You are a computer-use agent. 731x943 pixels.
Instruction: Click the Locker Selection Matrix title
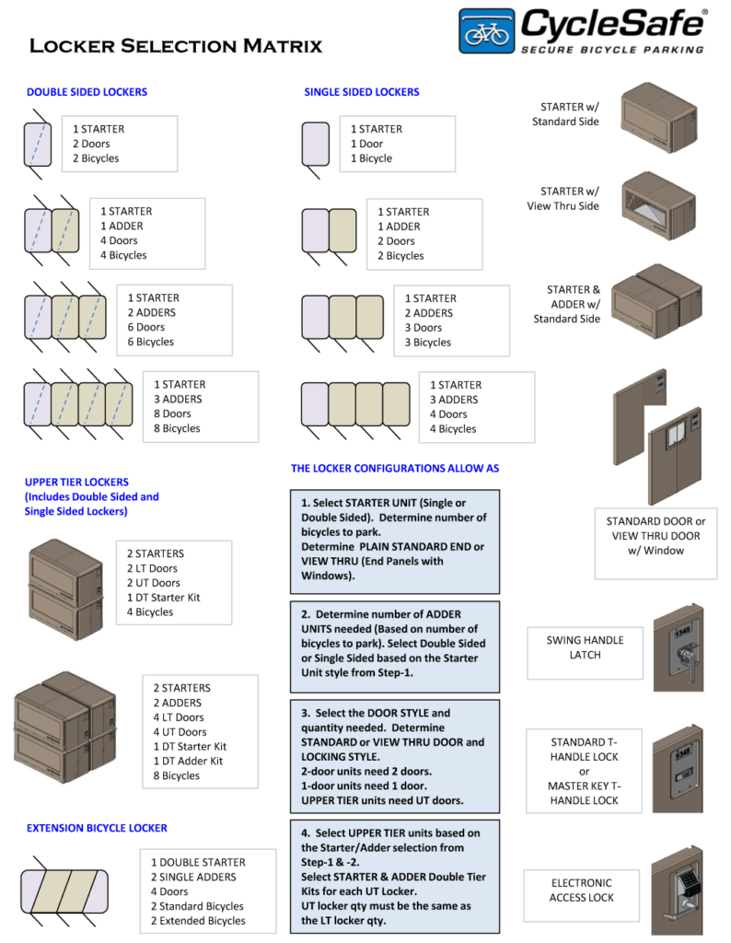[176, 46]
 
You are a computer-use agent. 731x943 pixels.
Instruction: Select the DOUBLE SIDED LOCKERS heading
[87, 92]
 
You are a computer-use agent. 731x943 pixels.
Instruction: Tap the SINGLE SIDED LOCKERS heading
[362, 92]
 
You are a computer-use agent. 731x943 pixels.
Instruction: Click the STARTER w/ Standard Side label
[565, 114]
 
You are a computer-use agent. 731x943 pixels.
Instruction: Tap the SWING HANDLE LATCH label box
[585, 647]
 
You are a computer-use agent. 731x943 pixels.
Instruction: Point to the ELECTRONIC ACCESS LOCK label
[581, 890]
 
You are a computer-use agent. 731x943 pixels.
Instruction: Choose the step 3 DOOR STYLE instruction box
[395, 756]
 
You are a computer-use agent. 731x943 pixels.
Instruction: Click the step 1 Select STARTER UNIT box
[395, 540]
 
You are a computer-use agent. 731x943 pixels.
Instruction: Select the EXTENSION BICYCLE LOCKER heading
[97, 828]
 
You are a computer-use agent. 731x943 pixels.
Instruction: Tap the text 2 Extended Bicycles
[199, 921]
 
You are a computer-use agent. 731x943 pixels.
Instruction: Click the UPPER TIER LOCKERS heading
[76, 482]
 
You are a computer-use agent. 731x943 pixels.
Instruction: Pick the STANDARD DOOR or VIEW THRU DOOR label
[656, 536]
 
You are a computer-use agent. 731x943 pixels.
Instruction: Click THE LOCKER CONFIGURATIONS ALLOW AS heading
[395, 468]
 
